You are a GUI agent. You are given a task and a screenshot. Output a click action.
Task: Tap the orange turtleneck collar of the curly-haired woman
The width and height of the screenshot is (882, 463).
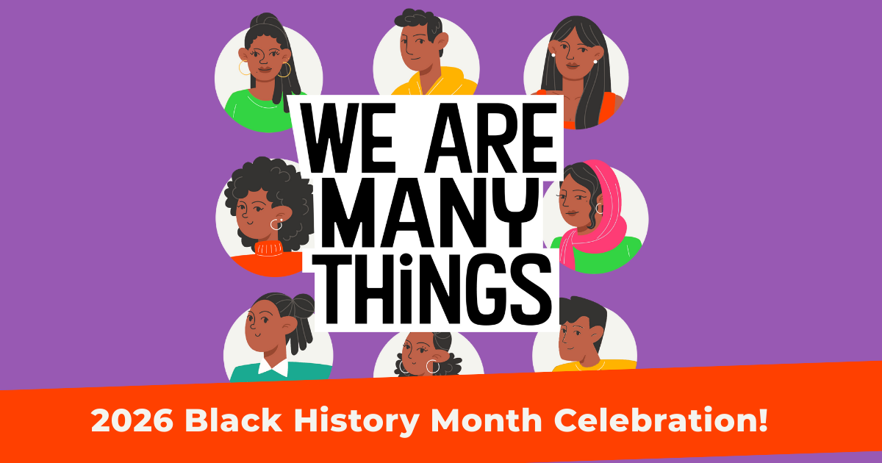pyautogui.click(x=268, y=248)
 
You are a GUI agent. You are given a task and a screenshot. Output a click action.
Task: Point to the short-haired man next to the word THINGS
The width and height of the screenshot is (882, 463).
pyautogui.click(x=581, y=334)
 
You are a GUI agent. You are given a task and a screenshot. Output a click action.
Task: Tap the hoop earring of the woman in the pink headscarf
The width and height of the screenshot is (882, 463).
pyautogui.click(x=599, y=209)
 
